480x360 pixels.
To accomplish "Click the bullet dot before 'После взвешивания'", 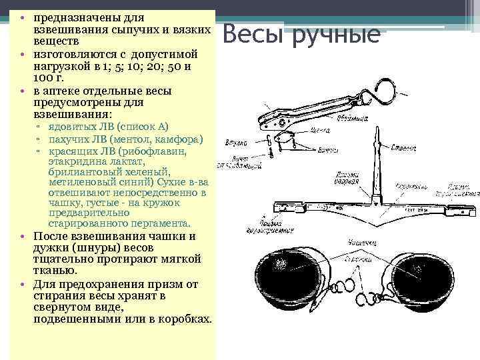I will pyautogui.click(x=23, y=236).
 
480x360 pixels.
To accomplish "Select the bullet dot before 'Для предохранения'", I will pyautogui.click(x=23, y=283).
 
